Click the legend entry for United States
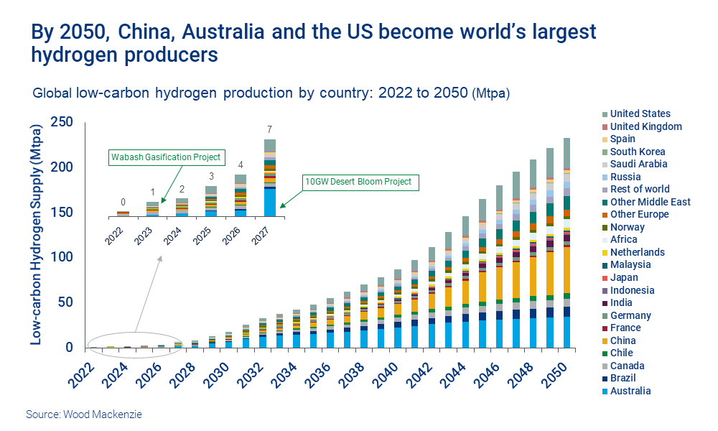640,113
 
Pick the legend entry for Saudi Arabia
638,164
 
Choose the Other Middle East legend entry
650,202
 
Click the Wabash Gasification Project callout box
165,157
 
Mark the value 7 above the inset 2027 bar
270,129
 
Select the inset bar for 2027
270,180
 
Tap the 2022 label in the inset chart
114,233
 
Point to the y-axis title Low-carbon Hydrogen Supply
35,233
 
